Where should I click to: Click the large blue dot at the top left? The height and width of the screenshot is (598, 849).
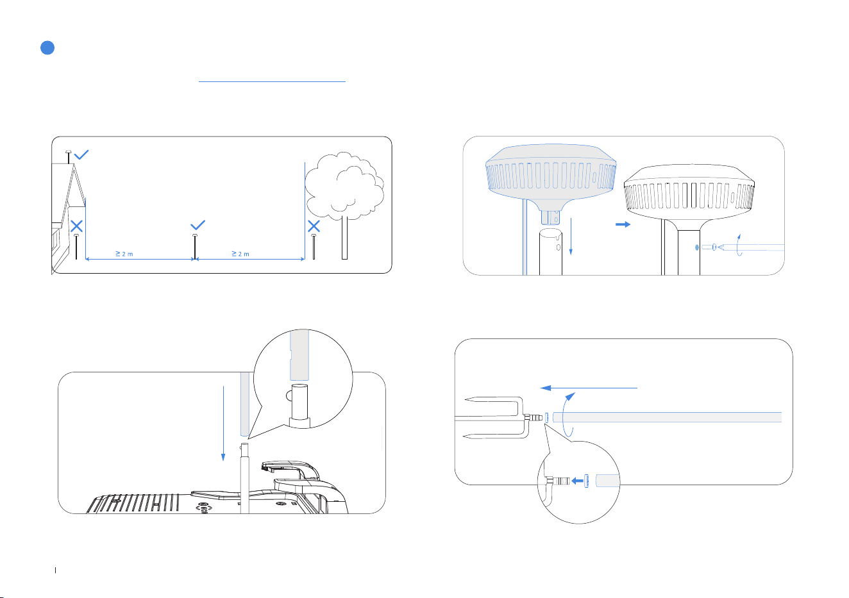point(47,47)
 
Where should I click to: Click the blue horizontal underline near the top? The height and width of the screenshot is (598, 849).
point(272,81)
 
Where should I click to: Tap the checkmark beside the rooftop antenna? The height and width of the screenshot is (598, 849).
point(81,154)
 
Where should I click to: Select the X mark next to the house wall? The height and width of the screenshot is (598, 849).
point(76,226)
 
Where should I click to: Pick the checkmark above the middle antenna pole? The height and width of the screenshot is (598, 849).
point(198,225)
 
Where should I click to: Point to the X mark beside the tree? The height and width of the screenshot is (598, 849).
point(314,226)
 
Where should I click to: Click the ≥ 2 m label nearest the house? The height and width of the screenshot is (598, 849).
point(124,254)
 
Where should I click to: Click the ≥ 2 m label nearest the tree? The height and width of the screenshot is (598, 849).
point(240,254)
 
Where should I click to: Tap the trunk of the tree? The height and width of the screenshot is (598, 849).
point(344,238)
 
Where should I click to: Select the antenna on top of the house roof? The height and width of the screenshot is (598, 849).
point(68,157)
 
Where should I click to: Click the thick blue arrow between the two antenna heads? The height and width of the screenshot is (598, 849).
point(623,224)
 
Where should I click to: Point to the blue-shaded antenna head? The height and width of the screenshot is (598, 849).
point(551,177)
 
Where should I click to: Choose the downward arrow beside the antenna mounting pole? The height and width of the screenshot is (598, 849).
point(571,236)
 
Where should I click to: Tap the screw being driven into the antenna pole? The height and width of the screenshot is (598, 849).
point(709,247)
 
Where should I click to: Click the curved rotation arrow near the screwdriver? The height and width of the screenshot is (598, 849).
point(739,245)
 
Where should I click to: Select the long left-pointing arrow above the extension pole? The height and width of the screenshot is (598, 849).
point(589,388)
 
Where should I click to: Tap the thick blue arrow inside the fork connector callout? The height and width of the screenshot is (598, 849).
point(577,481)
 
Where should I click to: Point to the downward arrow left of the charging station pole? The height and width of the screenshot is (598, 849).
point(223,423)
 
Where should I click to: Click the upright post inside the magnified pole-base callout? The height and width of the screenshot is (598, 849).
point(299,402)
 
